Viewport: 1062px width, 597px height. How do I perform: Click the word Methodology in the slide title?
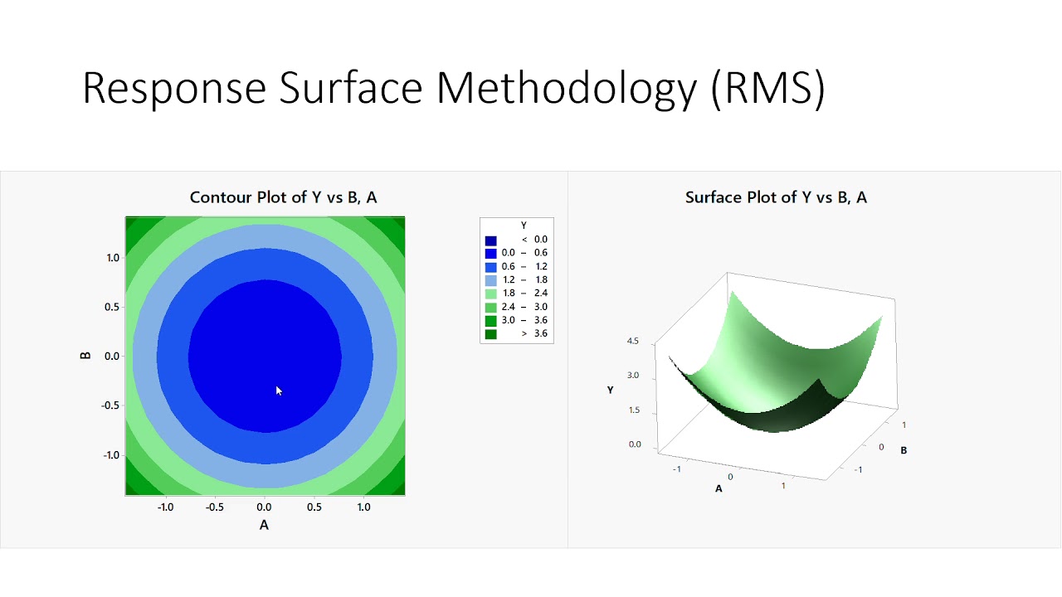click(566, 88)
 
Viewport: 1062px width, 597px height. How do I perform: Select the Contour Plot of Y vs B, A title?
click(283, 197)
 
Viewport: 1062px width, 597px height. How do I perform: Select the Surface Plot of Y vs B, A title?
click(776, 197)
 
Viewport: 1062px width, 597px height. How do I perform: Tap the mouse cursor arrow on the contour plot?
click(279, 391)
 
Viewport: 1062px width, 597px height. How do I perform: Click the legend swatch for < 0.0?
click(491, 240)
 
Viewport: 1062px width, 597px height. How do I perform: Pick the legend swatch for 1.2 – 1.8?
click(491, 280)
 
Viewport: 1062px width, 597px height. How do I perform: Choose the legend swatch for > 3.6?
click(491, 333)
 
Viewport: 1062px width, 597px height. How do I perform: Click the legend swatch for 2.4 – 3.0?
click(491, 307)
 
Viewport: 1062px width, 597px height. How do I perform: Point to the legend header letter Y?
click(524, 226)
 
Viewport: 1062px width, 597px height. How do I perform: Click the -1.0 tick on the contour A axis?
click(165, 507)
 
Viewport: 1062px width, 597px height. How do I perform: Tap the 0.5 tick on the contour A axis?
click(314, 507)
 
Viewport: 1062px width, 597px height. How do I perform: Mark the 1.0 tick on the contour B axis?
click(112, 258)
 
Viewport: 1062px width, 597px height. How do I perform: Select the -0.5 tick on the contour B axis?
click(110, 405)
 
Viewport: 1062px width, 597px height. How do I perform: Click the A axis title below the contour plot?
click(264, 525)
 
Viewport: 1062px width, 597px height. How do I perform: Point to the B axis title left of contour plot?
click(85, 356)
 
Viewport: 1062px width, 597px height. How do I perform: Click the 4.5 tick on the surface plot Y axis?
click(633, 341)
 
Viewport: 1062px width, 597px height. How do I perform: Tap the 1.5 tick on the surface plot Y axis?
click(633, 410)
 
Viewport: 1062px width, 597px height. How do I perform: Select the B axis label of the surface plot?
click(904, 450)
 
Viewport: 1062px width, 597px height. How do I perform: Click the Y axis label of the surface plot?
click(610, 390)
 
